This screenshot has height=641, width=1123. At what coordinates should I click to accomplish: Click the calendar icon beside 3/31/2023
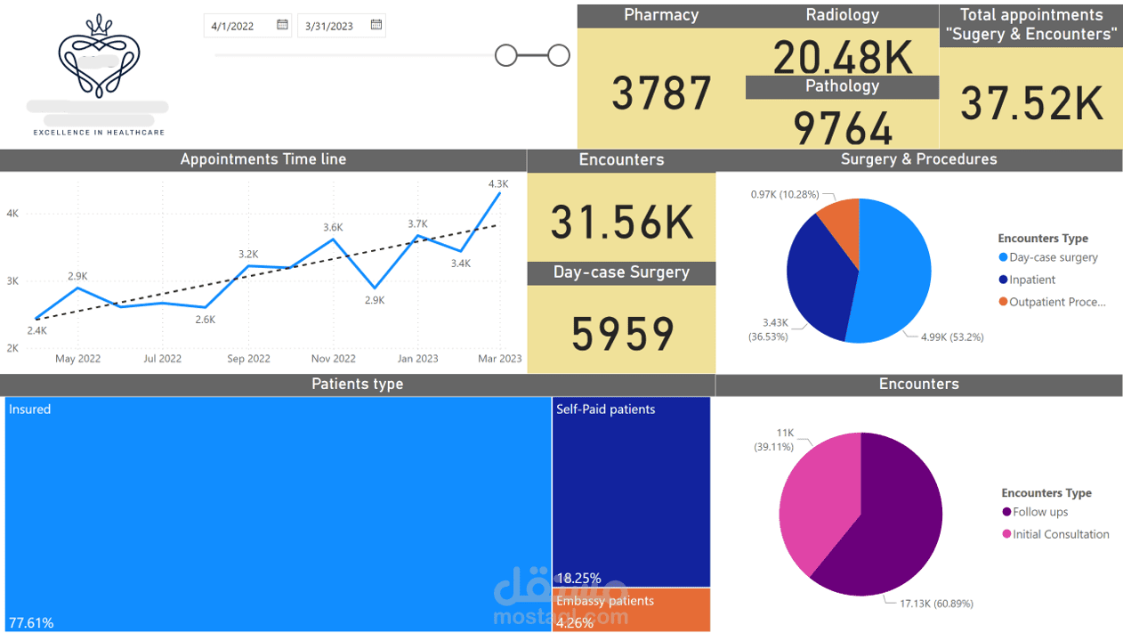click(x=376, y=25)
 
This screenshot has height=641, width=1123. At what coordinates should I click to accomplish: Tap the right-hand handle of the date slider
click(x=559, y=56)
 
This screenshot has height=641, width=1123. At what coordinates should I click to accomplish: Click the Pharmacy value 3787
click(x=661, y=93)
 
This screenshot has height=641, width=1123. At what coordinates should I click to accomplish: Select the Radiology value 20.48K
click(x=842, y=57)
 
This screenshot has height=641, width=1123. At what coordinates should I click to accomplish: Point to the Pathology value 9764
click(x=842, y=128)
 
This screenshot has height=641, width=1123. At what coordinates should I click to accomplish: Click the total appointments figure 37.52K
click(x=1031, y=103)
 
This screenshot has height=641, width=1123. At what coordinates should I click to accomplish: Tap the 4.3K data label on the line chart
click(x=498, y=183)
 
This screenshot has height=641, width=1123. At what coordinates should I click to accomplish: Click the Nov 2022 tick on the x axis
click(x=333, y=359)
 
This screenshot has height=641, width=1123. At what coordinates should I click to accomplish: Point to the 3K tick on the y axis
click(x=12, y=281)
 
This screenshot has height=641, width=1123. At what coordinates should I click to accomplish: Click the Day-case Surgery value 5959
click(x=622, y=335)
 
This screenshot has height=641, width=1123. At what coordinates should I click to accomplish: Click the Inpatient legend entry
click(x=1031, y=280)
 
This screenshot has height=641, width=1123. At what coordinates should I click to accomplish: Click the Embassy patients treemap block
click(x=631, y=610)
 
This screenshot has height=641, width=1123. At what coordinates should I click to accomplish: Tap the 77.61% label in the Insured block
click(x=31, y=623)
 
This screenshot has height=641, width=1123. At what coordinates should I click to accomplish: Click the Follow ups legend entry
click(x=1039, y=512)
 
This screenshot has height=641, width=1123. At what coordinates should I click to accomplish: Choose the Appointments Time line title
click(x=263, y=159)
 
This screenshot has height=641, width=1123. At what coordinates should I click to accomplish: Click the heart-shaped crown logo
click(x=99, y=55)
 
